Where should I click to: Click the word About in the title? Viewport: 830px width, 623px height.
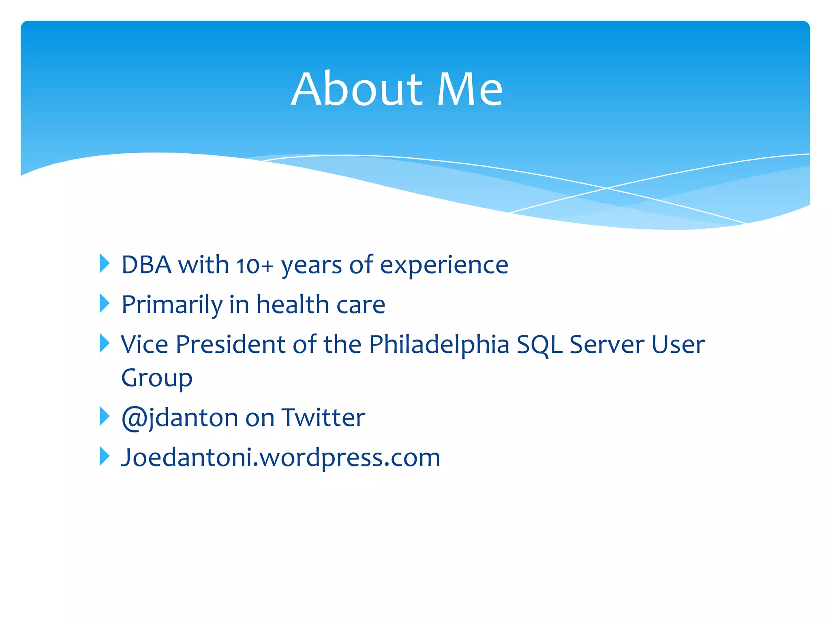[x=357, y=89]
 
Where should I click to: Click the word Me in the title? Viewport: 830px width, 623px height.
[x=470, y=89]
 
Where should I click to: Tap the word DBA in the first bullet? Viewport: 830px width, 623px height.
[x=146, y=265]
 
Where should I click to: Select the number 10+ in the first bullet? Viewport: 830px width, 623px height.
[x=255, y=266]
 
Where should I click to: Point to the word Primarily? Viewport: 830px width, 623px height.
[x=171, y=305]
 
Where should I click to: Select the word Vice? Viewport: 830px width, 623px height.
[x=145, y=345]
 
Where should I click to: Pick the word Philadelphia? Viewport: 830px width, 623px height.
[x=439, y=345]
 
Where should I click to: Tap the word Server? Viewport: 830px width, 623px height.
[x=607, y=345]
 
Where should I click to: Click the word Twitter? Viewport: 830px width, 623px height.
[x=323, y=418]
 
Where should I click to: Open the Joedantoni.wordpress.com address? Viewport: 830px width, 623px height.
[x=280, y=458]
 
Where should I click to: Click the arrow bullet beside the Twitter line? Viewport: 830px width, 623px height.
[x=104, y=417]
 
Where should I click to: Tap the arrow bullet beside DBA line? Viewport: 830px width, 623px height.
[x=104, y=264]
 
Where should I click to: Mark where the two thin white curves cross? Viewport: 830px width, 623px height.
[x=607, y=188]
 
